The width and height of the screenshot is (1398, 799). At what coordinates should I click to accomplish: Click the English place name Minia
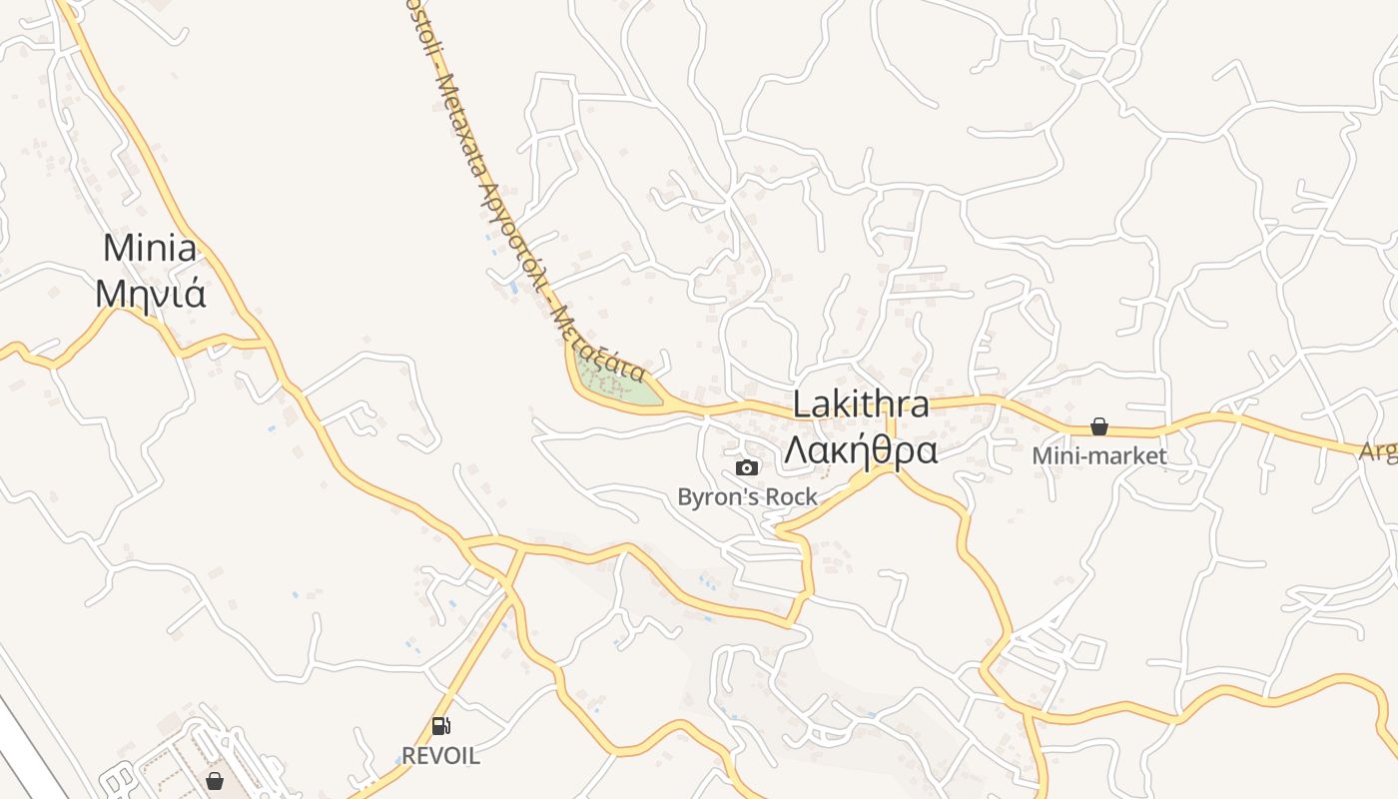[150, 248]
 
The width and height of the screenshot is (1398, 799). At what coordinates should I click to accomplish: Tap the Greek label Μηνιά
[150, 295]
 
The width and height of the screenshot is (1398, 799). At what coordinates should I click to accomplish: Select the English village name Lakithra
[861, 404]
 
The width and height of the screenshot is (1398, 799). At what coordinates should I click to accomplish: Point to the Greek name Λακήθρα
[861, 451]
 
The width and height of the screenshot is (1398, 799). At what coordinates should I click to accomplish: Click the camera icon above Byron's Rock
[746, 467]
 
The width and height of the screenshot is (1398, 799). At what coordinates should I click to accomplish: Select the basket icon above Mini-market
[1099, 427]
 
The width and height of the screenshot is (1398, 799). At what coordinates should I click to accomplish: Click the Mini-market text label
[1099, 456]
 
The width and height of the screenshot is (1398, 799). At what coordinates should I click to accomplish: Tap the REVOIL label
[440, 756]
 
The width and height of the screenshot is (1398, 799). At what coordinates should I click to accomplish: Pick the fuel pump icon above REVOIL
[440, 726]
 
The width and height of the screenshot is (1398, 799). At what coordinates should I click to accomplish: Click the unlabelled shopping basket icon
[214, 780]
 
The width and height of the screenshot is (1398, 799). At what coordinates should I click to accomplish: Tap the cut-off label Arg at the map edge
[1378, 452]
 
